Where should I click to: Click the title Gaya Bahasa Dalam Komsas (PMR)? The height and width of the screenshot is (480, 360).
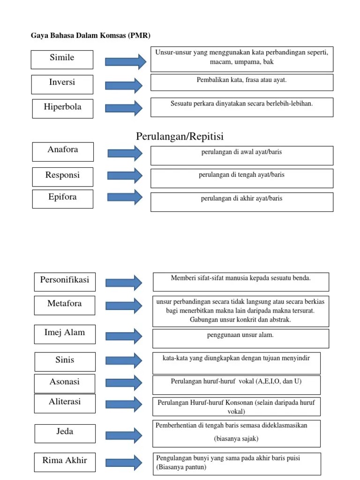click(x=90, y=35)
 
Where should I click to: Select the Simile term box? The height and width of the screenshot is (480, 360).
click(x=62, y=58)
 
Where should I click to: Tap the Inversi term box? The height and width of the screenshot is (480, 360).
click(x=62, y=82)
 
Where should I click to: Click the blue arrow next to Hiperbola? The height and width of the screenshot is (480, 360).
click(x=124, y=107)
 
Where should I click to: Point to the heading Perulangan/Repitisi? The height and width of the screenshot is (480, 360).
click(x=180, y=136)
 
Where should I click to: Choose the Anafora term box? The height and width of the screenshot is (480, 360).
click(x=63, y=150)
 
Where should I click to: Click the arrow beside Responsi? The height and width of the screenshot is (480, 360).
click(x=125, y=175)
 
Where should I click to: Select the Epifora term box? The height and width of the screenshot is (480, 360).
click(x=62, y=198)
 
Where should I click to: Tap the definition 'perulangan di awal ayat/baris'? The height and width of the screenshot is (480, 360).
click(x=241, y=152)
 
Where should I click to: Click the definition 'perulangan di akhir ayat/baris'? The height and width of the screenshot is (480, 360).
click(x=241, y=199)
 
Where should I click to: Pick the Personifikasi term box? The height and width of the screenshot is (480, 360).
click(x=65, y=282)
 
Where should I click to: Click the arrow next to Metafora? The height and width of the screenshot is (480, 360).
click(x=124, y=305)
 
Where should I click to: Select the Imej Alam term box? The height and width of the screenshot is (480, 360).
click(x=65, y=333)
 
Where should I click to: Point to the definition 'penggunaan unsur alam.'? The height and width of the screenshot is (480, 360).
click(x=240, y=335)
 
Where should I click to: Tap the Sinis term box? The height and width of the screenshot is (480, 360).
click(x=65, y=360)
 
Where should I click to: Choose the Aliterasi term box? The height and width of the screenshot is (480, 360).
click(x=65, y=402)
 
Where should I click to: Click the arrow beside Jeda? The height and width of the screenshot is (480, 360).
click(x=124, y=435)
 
